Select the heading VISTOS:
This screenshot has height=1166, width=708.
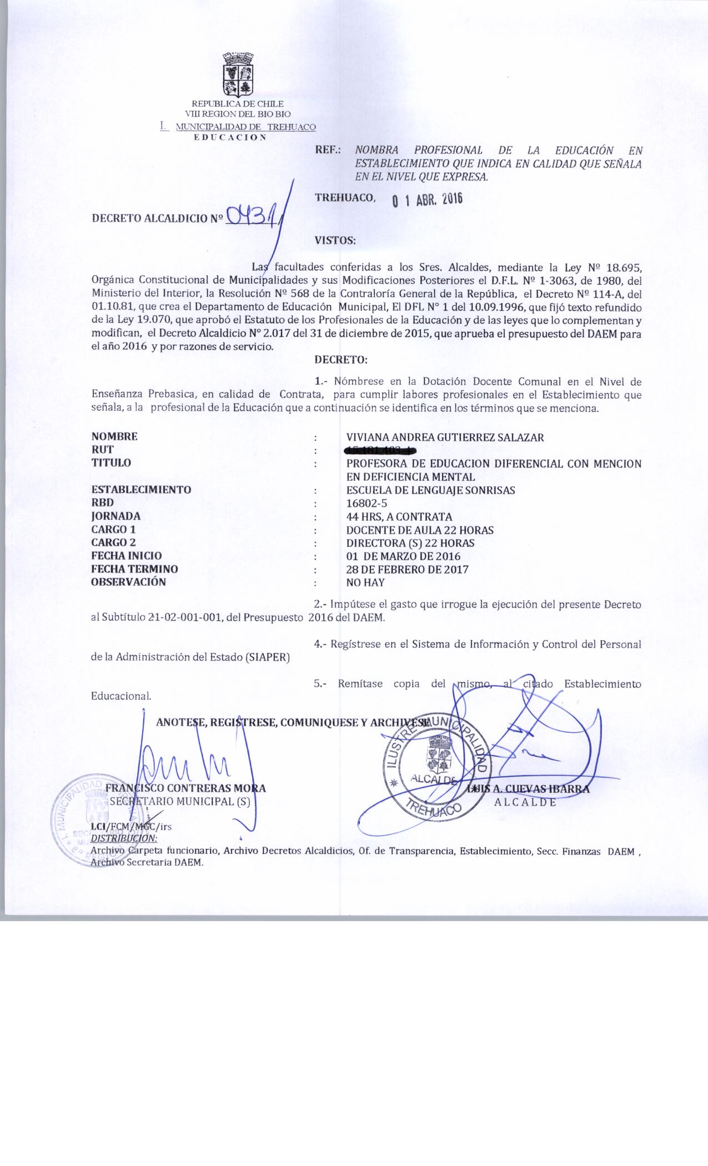(x=335, y=240)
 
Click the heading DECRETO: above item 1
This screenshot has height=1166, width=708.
(x=341, y=360)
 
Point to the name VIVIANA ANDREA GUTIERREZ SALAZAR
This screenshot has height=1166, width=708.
(x=445, y=437)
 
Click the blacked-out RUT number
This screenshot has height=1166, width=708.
(x=380, y=450)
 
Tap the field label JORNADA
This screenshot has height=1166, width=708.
(x=116, y=516)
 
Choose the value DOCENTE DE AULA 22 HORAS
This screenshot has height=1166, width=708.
(x=419, y=530)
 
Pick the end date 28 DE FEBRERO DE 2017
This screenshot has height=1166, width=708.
(x=407, y=569)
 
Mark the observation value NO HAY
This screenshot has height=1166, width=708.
(x=365, y=582)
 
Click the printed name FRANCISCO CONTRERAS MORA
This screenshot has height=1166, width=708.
(x=185, y=788)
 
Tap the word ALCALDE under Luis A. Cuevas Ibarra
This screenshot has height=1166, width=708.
(x=525, y=802)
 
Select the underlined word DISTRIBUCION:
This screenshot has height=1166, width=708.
(x=124, y=838)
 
